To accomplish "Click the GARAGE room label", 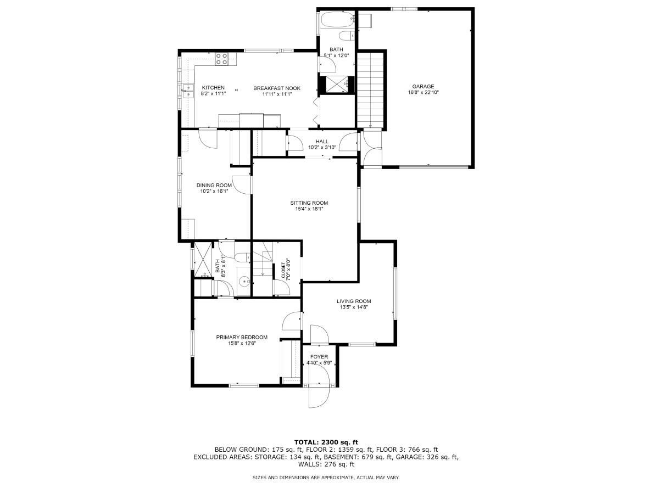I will point(423,86).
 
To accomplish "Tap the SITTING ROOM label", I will point(309,203).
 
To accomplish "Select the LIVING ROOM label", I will point(354,301).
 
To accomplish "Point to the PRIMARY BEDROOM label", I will point(242,337).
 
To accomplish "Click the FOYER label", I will point(319,357).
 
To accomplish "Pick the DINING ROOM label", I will point(214,185).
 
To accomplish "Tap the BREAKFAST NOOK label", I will point(277,88).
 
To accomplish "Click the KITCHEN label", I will point(213,88).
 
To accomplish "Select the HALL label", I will point(322,142).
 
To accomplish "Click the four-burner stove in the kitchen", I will point(222,59).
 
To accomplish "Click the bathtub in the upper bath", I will point(336,21).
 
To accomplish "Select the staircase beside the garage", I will point(370,88).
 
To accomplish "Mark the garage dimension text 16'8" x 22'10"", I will point(423,93).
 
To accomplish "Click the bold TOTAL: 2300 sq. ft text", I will point(326,441).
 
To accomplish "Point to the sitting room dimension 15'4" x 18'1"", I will point(309,209).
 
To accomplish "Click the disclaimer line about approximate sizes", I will point(326,477).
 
